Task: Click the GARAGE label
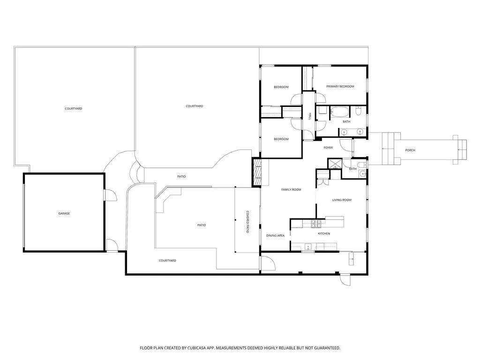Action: click(x=64, y=213)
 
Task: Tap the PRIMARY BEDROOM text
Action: click(x=340, y=86)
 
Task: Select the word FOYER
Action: click(x=328, y=148)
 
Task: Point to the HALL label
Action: click(x=310, y=116)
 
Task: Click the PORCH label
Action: click(x=410, y=150)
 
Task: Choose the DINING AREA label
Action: click(x=275, y=235)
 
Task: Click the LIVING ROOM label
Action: click(x=342, y=200)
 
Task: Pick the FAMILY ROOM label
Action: click(x=291, y=189)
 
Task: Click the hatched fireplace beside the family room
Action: click(x=257, y=173)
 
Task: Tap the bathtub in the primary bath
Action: click(x=340, y=112)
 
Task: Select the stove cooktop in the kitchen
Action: click(x=316, y=223)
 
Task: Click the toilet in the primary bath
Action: click(x=359, y=112)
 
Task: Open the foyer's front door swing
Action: click(x=347, y=145)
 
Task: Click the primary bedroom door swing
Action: click(x=321, y=97)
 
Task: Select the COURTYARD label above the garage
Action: click(x=73, y=108)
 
